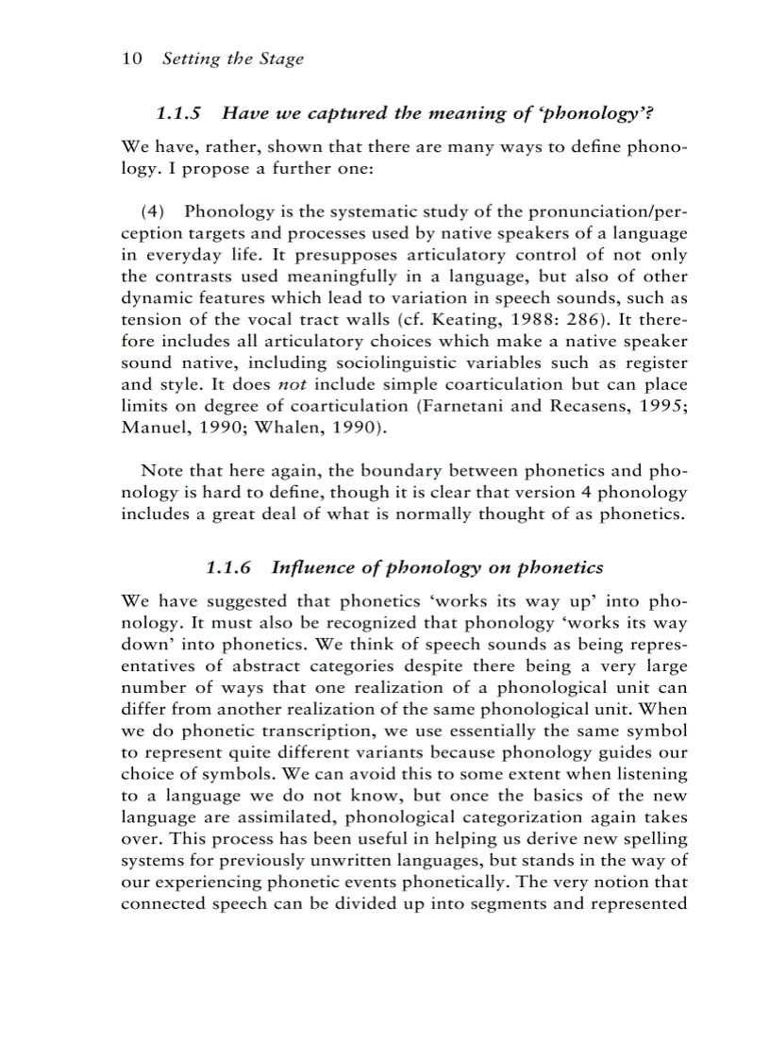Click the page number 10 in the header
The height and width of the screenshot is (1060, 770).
pos(132,59)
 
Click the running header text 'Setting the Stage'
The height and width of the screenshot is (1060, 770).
pos(233,59)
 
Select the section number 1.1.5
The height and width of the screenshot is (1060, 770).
pos(179,114)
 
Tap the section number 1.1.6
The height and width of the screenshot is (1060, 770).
pos(229,567)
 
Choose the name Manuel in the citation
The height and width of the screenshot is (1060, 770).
pos(155,428)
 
